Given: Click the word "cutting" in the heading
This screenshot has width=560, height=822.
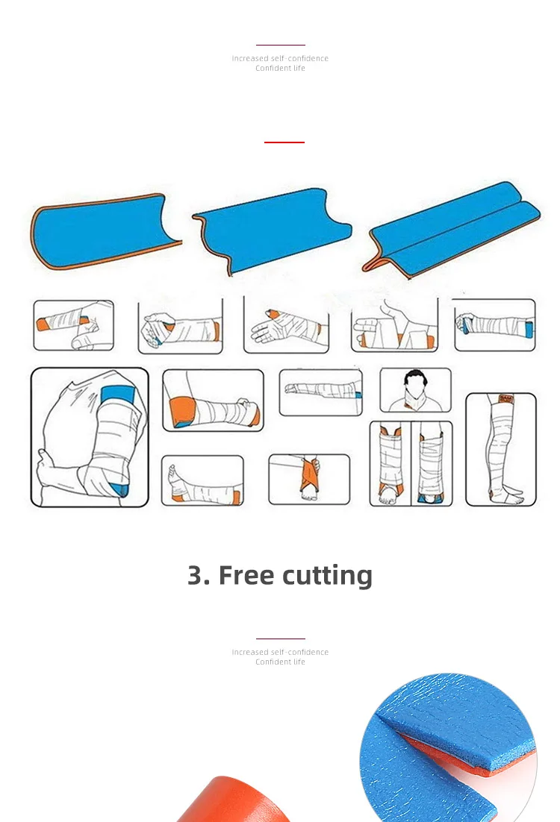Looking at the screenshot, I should point(327,576).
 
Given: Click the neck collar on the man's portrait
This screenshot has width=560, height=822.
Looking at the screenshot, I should point(415,400).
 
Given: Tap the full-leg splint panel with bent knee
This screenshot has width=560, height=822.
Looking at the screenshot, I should point(501,449).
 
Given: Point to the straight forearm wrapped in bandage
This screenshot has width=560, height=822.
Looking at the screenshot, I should point(320,391).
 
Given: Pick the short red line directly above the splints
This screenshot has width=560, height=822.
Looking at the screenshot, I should point(284,142).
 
